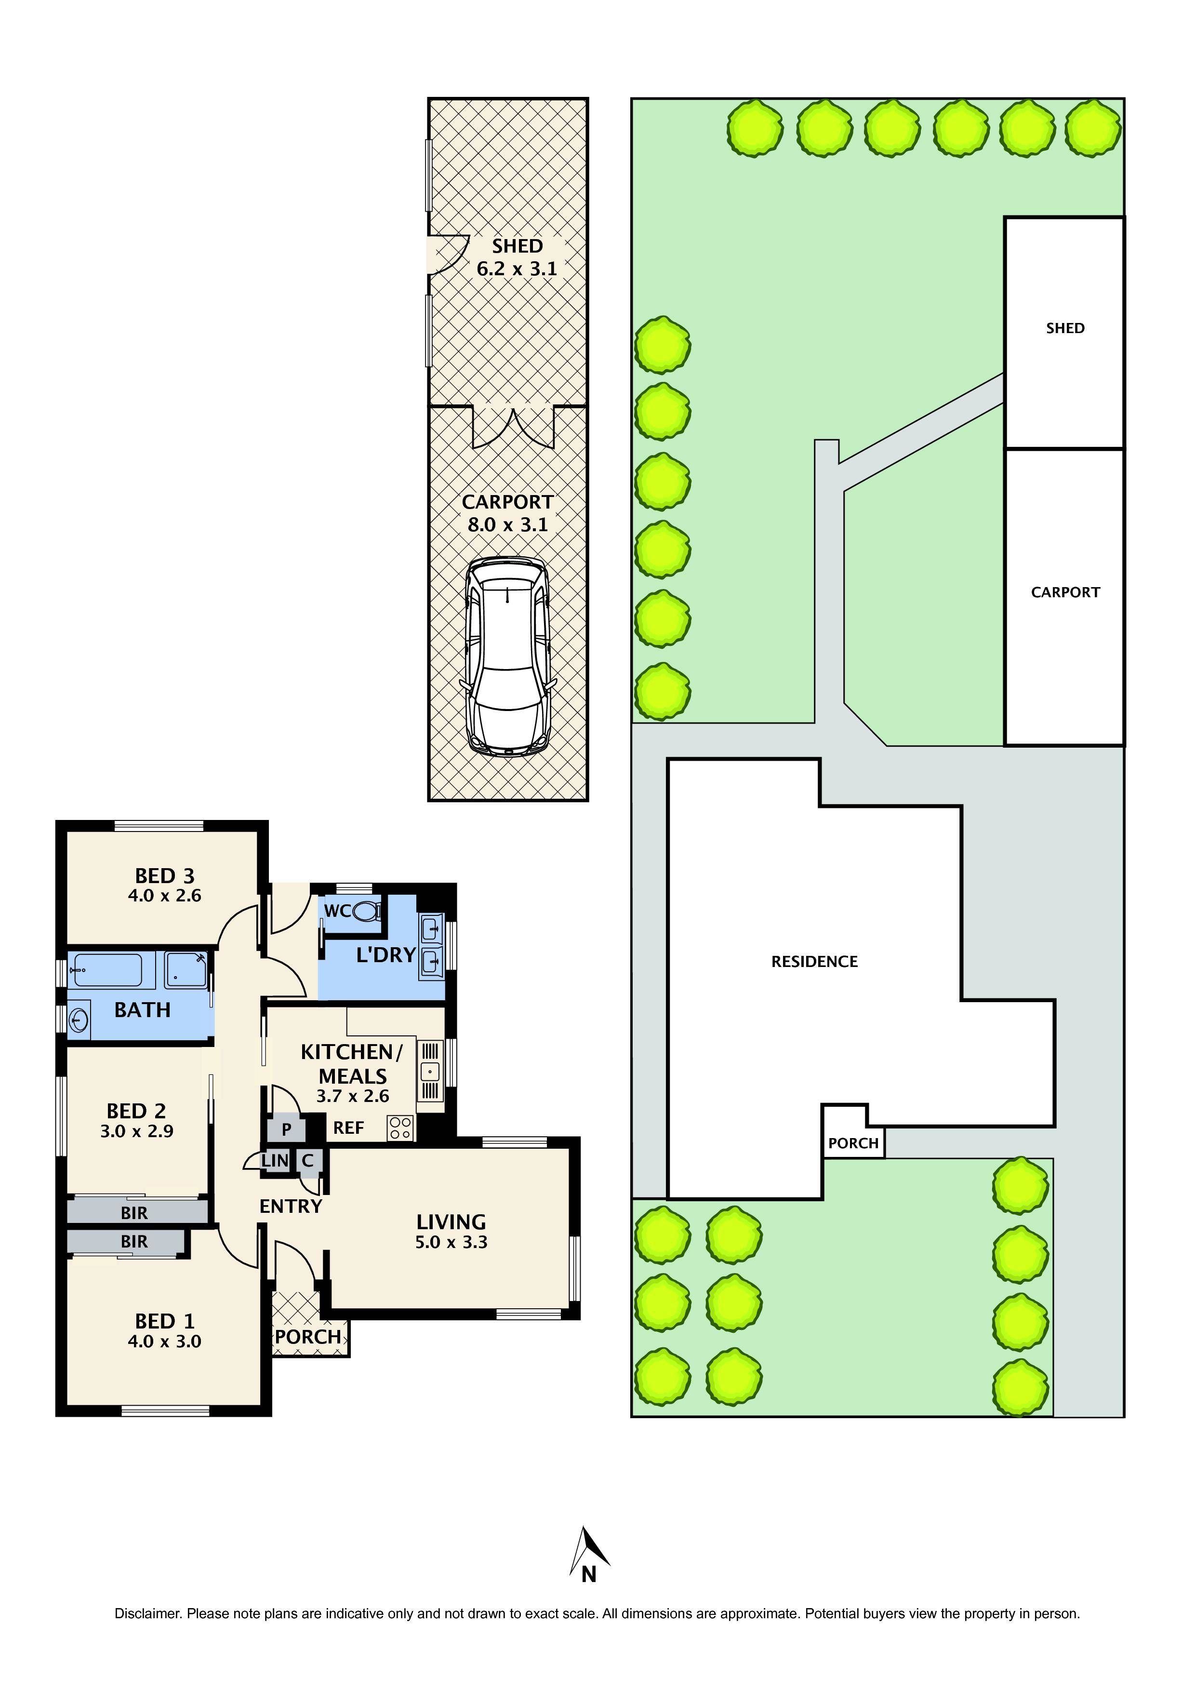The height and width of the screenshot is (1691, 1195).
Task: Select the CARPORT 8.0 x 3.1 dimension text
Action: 507,524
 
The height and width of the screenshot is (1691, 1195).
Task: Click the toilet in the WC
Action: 367,912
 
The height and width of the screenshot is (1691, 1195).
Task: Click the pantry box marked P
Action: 286,1128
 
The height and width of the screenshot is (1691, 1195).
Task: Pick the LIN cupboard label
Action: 275,1161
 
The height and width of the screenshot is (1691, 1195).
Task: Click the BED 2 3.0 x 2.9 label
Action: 136,1120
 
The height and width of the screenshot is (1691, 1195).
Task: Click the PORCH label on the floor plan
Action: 308,1337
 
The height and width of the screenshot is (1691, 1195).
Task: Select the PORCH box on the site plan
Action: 852,1142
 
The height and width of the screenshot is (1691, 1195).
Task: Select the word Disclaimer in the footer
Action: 146,1614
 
